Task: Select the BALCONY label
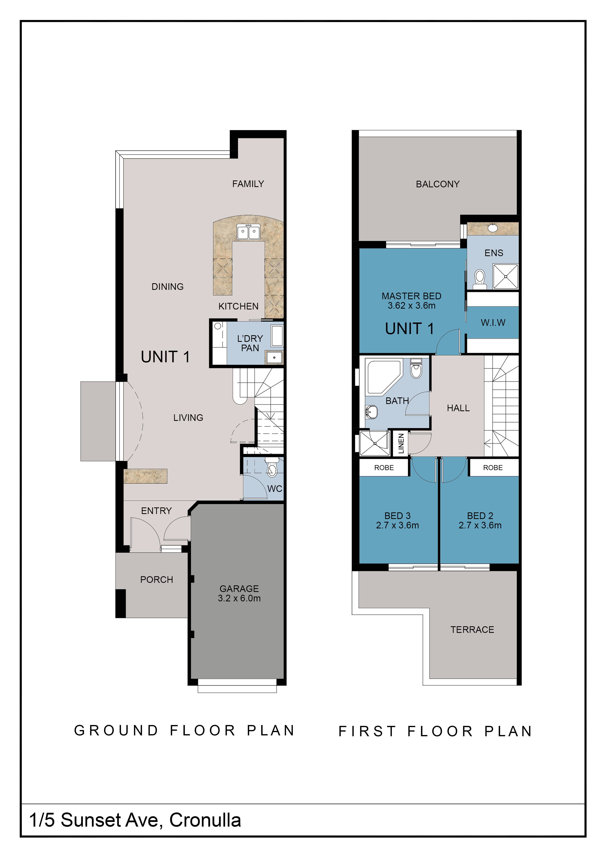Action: coord(438,184)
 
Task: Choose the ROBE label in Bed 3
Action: coord(384,468)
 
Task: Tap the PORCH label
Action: coord(157,580)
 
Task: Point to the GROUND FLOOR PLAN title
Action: coord(184,731)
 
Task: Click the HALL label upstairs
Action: coord(458,408)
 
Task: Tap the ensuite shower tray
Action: coord(506,277)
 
